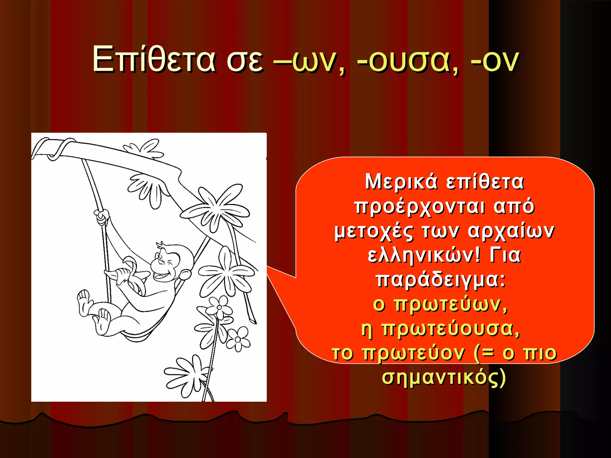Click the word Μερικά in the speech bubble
(401, 182)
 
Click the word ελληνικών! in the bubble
(424, 256)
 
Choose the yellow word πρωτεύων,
(450, 305)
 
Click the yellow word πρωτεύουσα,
(450, 329)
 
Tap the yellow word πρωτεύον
(413, 353)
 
